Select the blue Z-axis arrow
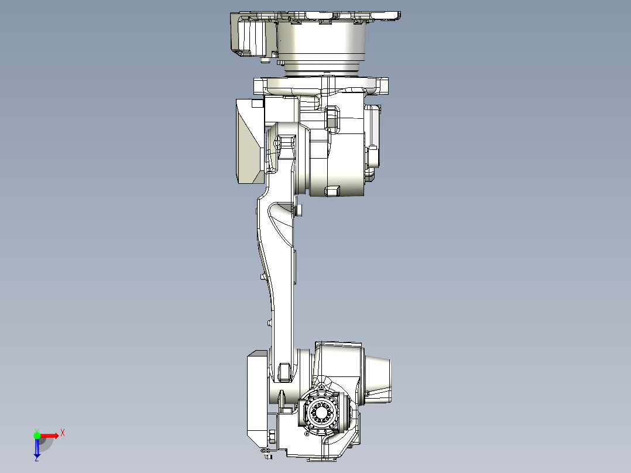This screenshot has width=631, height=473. click(37, 448)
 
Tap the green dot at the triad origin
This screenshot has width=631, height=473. click(37, 435)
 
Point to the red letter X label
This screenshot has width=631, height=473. click(62, 433)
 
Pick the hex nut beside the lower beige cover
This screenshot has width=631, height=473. click(272, 436)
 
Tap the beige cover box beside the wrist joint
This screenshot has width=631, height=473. click(256, 398)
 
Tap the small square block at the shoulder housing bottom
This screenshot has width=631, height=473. click(333, 190)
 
